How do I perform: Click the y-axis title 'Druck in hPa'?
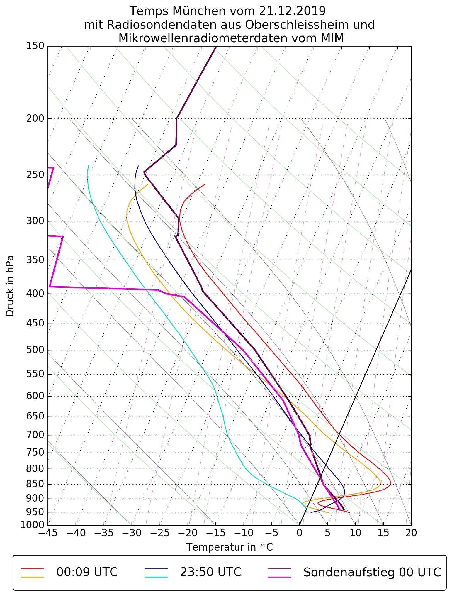pos(10,286)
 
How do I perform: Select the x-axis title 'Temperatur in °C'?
pos(230,547)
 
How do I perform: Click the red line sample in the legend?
pos(32,568)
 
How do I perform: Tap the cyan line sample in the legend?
pos(156,577)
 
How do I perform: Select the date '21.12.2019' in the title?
pos(292,11)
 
